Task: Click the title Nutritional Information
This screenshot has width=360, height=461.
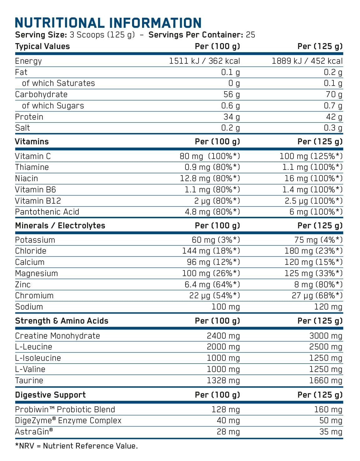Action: pos(108,23)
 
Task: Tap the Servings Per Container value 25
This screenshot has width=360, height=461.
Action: pos(250,35)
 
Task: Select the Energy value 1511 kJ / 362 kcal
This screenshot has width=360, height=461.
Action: pos(205,61)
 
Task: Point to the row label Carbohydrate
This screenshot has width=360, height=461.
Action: pos(41,94)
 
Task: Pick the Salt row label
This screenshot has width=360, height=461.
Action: pos(22,128)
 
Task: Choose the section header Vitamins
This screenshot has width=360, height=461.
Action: pos(32,141)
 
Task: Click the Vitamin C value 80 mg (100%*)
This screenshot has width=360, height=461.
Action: pos(210,156)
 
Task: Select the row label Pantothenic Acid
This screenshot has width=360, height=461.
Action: pos(47,212)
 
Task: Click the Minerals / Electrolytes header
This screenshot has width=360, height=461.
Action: pos(60,226)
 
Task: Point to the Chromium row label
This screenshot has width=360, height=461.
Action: pos(34,295)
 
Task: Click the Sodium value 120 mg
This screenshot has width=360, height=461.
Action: pos(328,307)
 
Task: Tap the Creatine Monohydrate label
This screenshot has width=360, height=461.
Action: pos(57,336)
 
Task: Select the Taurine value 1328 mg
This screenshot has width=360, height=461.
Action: pos(223,380)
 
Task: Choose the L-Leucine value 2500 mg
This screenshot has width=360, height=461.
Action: pos(326,347)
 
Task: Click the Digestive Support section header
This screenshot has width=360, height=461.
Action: pos(50,395)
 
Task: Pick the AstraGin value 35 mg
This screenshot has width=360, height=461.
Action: pos(331,432)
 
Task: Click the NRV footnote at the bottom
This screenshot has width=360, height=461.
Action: pos(76,446)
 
